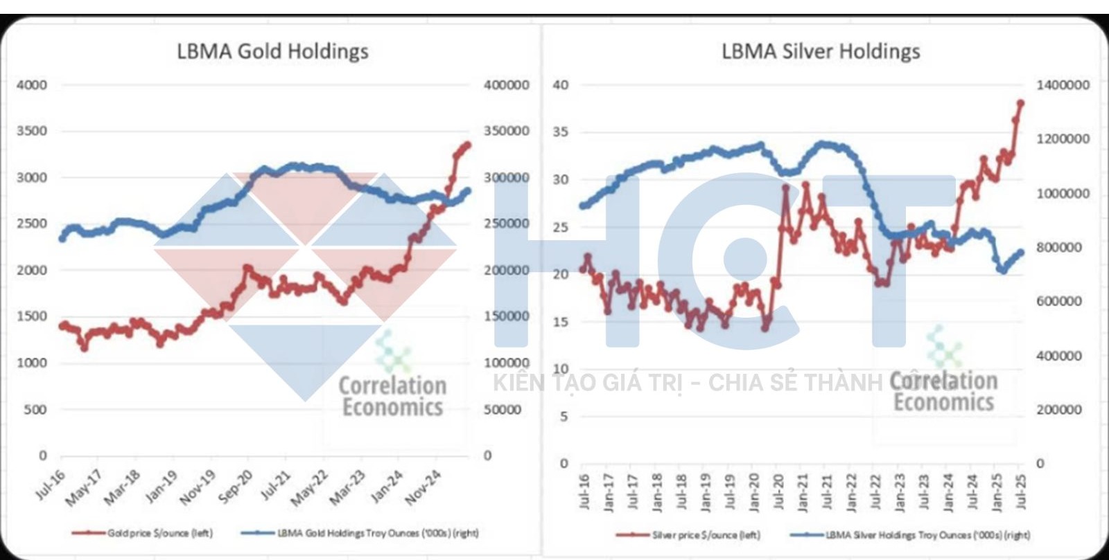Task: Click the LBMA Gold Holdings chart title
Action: (272, 51)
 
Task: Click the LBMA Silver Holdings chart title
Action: (821, 51)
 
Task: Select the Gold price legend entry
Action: (143, 533)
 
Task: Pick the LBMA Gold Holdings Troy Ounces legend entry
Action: (360, 533)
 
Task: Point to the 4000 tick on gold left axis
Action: (32, 85)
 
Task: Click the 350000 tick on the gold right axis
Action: (506, 131)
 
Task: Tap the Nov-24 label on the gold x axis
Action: (423, 487)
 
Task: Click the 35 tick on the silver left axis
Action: (561, 132)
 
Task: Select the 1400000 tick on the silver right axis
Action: (1063, 85)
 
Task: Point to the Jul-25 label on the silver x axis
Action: (1020, 491)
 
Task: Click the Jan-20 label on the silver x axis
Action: (754, 491)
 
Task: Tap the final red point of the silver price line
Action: (1020, 104)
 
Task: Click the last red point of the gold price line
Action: (468, 145)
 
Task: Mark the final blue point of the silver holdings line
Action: (1020, 253)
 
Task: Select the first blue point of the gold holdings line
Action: (62, 239)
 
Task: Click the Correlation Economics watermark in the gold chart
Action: (392, 396)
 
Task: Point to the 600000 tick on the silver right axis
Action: (1059, 301)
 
